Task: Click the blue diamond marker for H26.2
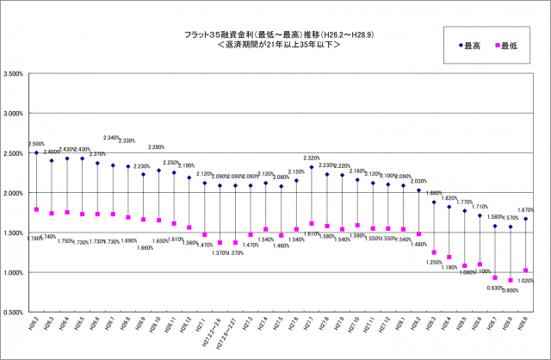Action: click(36, 152)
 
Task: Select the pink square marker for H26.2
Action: click(36, 209)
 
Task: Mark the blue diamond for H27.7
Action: click(312, 167)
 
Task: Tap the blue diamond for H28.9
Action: click(525, 219)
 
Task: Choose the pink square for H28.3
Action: click(434, 252)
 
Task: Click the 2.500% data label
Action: click(37, 144)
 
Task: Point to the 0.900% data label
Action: click(511, 290)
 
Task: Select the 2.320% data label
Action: click(312, 158)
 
